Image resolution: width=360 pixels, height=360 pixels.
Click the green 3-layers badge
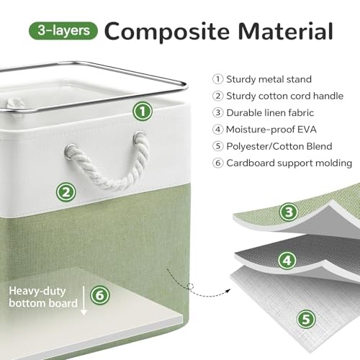click(x=63, y=30)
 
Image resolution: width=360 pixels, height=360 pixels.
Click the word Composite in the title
click(x=167, y=32)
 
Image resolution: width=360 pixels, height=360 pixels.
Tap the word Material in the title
click(x=286, y=31)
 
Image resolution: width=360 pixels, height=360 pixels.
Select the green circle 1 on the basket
click(x=143, y=111)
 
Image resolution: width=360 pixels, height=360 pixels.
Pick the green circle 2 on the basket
click(x=66, y=192)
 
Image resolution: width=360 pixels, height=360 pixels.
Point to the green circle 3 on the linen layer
click(x=289, y=212)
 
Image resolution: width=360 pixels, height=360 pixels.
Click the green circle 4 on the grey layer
click(x=287, y=261)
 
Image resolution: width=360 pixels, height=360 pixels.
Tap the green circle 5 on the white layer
click(x=306, y=320)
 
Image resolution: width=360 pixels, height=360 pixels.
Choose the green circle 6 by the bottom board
click(x=100, y=295)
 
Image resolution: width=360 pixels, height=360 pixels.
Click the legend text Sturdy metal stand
click(x=269, y=79)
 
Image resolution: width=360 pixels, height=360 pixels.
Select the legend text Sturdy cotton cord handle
click(x=285, y=96)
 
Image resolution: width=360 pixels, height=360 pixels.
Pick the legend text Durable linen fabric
click(x=270, y=113)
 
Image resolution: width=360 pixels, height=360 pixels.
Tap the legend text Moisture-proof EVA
click(x=271, y=130)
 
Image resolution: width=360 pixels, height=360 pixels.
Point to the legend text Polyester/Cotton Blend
click(x=279, y=146)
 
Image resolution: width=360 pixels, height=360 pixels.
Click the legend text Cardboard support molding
click(x=289, y=163)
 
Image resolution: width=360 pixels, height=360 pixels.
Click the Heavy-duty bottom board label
click(x=43, y=297)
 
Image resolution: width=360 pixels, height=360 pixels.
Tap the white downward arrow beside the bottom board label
click(x=84, y=300)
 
